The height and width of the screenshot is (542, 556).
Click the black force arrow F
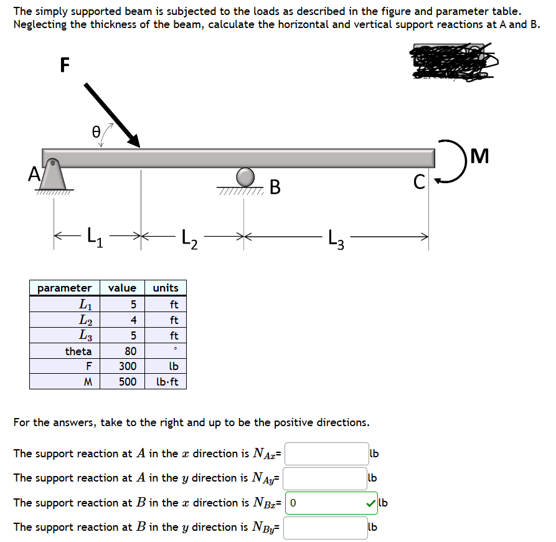[112, 115]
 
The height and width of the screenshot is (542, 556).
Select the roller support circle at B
[245, 177]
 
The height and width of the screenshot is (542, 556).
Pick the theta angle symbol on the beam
[95, 131]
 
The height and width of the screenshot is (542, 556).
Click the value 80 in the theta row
[130, 351]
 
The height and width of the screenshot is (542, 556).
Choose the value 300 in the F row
[128, 366]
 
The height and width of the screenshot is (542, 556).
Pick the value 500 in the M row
[128, 381]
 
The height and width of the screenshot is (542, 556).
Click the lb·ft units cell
[166, 381]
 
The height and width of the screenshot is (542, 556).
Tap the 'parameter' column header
[64, 288]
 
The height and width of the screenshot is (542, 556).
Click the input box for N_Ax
[327, 454]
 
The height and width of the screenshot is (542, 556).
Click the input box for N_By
[326, 528]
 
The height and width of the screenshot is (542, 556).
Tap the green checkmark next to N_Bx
[371, 503]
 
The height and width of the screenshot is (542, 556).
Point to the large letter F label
[64, 65]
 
